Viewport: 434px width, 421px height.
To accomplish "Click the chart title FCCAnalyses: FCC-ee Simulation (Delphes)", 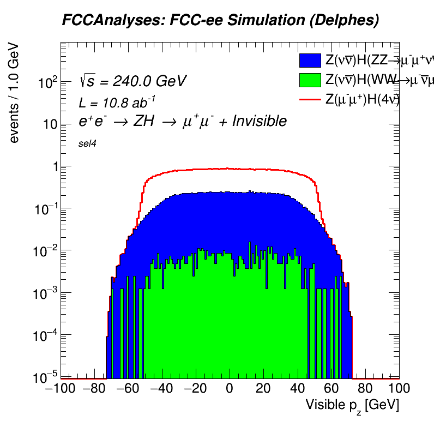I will (220, 21).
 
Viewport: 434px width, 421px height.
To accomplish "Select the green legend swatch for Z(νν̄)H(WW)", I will (310, 80).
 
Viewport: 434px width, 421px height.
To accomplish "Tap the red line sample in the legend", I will (310, 99).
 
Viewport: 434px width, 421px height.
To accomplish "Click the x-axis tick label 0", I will (230, 389).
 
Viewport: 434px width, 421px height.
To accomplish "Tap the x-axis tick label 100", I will (399, 389).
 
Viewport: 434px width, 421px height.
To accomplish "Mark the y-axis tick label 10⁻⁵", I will (47, 376).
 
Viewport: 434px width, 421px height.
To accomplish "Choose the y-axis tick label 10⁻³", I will (47, 292).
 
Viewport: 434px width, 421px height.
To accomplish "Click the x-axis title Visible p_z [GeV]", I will (352, 405).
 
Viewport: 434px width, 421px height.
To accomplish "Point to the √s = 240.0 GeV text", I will (132, 82).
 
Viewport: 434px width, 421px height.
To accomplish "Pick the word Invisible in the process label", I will (259, 121).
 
